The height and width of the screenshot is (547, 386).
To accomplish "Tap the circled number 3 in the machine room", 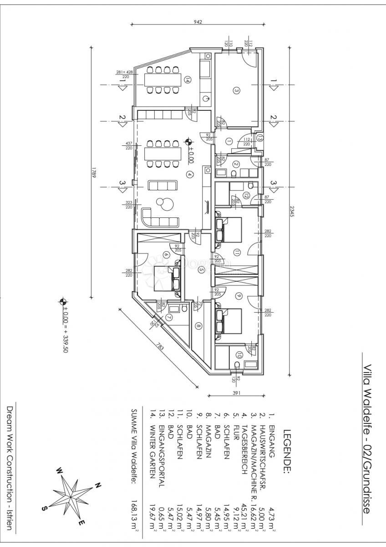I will [x=236, y=90].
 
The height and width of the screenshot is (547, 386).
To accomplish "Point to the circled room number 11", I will [x=237, y=252].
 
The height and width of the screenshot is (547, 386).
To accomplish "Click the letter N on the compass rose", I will [x=97, y=486].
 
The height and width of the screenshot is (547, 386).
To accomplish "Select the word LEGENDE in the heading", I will [x=287, y=452].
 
